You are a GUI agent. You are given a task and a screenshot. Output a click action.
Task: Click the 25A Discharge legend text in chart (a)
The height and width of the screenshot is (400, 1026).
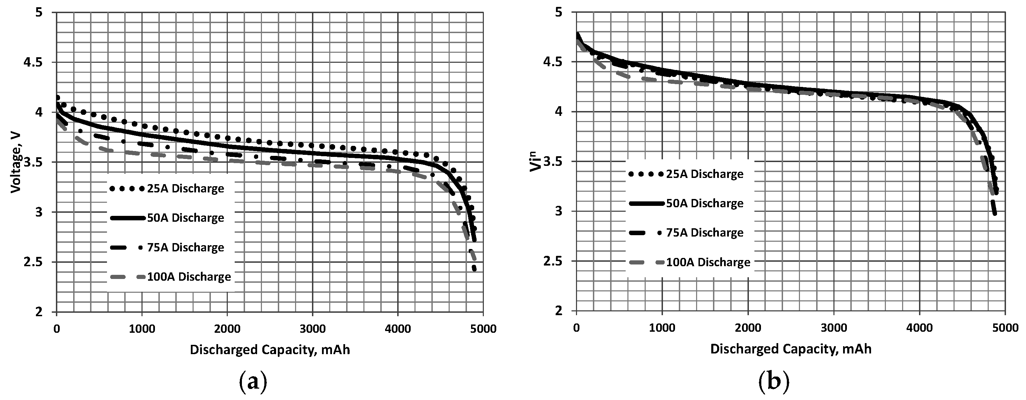tap(186, 189)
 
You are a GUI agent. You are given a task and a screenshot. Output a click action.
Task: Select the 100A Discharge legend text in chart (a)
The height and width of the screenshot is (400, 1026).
tap(189, 277)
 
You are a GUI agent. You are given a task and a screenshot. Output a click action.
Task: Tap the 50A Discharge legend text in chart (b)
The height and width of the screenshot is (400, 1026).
tap(705, 203)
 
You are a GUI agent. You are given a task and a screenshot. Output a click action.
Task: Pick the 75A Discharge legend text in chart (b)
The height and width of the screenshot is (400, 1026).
tap(705, 233)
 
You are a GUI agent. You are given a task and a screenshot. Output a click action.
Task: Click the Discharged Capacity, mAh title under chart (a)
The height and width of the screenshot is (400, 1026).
tap(270, 350)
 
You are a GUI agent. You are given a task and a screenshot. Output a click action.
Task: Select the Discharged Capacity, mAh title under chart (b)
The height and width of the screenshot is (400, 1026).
tap(791, 349)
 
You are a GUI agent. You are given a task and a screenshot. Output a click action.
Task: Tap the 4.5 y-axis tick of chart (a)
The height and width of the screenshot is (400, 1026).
tap(39, 62)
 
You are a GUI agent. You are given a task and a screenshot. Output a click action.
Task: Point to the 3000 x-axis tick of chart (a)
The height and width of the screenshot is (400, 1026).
tap(313, 329)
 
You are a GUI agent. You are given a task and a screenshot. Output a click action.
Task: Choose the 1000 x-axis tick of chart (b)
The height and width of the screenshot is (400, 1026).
tap(662, 328)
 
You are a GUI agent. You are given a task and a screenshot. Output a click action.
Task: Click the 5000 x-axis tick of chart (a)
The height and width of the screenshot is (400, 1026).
tap(483, 329)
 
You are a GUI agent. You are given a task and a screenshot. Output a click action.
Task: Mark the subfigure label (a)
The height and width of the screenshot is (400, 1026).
tap(253, 382)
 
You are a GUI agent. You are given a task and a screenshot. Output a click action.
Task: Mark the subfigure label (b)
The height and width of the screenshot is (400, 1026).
tap(773, 382)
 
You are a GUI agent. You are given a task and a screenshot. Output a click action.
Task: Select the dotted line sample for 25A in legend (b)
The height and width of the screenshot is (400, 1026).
tap(645, 174)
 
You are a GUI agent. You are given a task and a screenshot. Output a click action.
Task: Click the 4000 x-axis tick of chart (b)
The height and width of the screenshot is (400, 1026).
tap(919, 328)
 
